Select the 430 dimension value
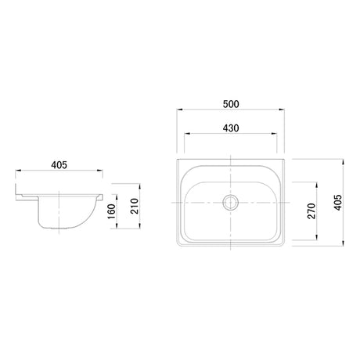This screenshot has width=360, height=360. click(x=229, y=128)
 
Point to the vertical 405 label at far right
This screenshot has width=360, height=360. click(x=337, y=205)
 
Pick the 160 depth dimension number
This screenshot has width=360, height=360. click(x=111, y=211)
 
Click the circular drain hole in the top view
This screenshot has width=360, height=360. click(x=230, y=201)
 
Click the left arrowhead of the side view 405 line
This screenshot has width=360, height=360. click(x=16, y=172)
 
